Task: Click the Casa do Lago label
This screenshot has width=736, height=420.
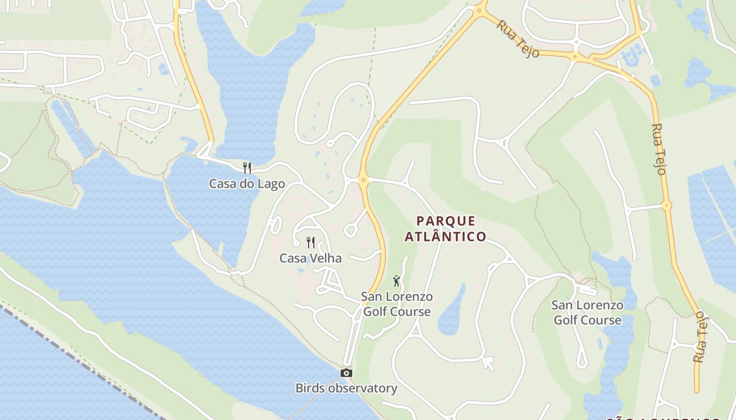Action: (247, 184)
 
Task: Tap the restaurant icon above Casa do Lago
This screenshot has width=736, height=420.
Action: (247, 167)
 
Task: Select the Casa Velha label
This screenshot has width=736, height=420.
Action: (310, 258)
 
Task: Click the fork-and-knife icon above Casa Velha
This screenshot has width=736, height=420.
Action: (311, 242)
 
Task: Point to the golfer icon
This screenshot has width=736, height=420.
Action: (396, 281)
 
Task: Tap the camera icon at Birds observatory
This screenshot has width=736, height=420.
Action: (346, 373)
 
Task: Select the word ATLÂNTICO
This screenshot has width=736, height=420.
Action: (445, 237)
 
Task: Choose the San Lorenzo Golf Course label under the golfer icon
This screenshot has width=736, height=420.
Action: (397, 304)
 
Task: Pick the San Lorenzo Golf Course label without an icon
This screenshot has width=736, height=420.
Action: (587, 312)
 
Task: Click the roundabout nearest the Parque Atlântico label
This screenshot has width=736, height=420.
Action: (362, 180)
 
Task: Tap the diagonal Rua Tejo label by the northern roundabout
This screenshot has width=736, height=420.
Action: (518, 39)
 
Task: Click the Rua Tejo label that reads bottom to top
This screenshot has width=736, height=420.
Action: (700, 336)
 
